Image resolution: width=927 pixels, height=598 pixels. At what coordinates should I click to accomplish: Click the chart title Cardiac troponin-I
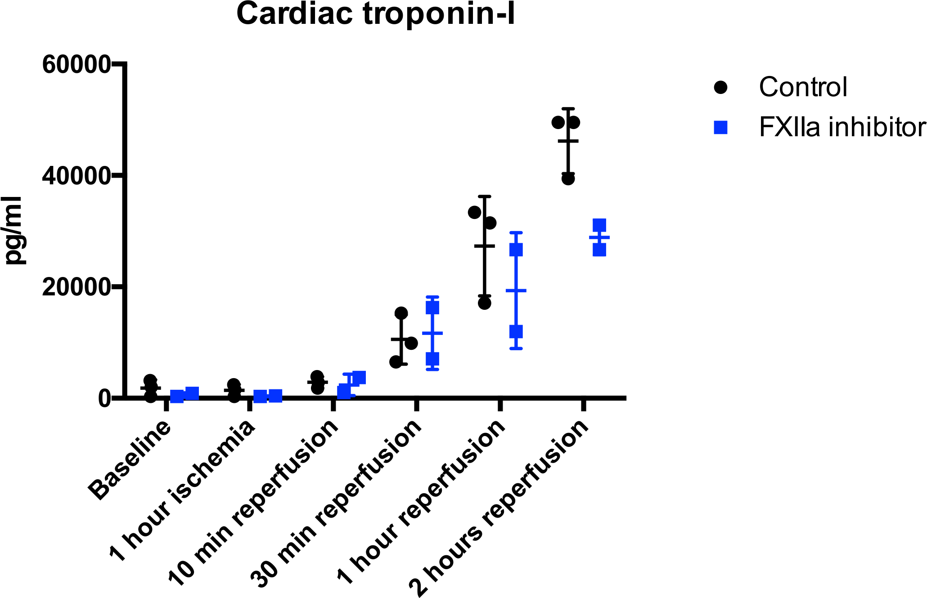point(376,14)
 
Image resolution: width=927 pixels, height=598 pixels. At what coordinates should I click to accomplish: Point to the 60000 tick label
point(76,64)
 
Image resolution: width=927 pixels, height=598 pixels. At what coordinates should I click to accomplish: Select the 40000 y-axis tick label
point(76,176)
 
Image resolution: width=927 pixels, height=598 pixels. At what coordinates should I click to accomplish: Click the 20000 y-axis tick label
point(76,287)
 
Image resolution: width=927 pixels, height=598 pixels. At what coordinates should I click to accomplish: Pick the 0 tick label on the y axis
point(104,398)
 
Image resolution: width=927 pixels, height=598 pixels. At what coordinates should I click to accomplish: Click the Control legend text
point(803,87)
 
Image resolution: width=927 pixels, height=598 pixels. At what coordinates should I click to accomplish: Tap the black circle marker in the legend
point(720,87)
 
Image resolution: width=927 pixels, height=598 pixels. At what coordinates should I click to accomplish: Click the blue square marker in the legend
point(720,128)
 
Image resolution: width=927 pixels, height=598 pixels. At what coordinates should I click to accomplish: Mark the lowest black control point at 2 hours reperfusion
point(568,179)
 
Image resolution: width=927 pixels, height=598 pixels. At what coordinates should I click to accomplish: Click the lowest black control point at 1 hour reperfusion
point(484,303)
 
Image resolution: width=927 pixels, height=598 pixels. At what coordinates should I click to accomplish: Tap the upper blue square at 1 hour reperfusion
point(516,250)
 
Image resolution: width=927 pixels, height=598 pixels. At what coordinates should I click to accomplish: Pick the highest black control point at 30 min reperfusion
point(401,313)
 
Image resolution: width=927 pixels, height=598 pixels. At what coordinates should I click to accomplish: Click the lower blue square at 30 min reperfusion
point(432,359)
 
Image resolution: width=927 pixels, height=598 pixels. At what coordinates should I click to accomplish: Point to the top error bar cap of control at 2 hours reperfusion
point(568,109)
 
